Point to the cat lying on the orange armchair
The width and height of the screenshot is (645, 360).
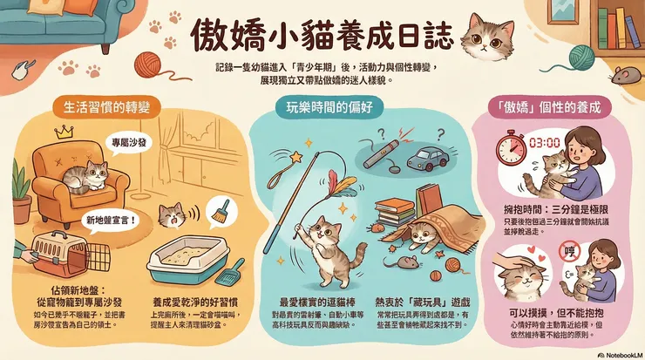[x=81, y=176]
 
